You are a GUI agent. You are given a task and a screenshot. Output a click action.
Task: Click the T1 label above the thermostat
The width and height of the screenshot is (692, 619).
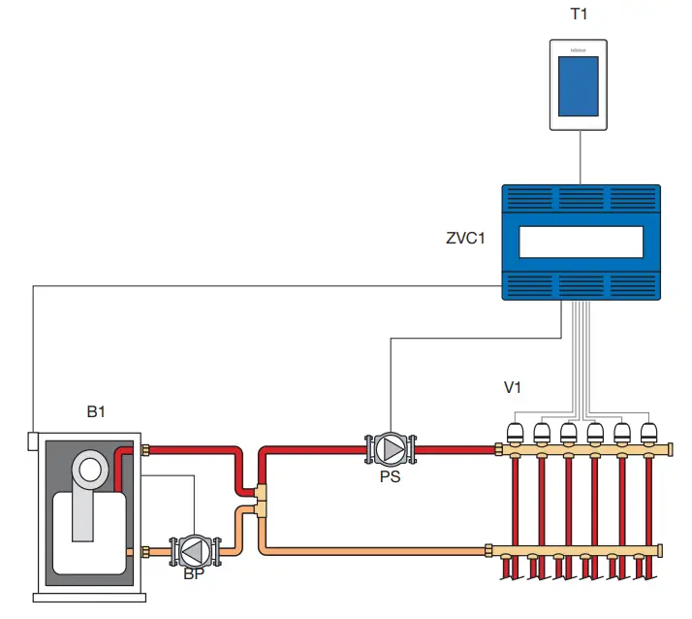[580, 15]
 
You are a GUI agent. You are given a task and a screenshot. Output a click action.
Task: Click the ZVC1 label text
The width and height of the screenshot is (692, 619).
[466, 238]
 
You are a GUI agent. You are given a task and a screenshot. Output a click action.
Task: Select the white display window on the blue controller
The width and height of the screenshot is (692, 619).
[580, 242]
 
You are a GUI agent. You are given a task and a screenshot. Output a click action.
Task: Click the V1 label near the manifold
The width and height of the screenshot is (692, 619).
[513, 387]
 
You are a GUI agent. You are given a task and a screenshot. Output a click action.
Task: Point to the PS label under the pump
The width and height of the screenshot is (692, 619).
[390, 476]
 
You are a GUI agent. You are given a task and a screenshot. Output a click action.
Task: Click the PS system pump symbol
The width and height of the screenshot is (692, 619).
[390, 449]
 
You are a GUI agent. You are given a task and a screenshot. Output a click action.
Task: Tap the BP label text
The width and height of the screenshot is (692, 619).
[194, 573]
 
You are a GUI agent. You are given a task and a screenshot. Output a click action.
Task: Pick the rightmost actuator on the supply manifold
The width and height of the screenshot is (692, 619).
[647, 432]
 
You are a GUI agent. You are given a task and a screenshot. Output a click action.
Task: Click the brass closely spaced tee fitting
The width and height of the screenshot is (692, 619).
[262, 501]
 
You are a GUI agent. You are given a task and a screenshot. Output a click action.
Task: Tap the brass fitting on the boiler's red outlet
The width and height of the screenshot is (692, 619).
[146, 449]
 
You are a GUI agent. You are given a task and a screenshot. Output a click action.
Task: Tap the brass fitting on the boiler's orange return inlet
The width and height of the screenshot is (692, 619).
[146, 551]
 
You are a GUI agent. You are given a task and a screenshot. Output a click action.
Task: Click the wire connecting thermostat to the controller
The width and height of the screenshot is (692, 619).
[580, 157]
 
